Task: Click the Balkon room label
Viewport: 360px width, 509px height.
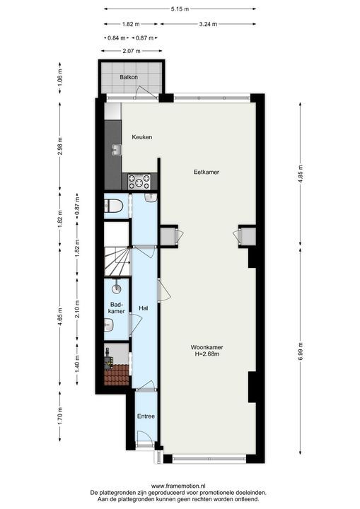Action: [128, 76]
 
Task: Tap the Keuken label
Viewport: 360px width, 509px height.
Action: [141, 137]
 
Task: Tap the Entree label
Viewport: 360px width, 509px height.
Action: [146, 416]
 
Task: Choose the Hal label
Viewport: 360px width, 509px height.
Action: [143, 308]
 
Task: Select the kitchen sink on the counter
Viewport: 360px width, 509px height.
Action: [114, 149]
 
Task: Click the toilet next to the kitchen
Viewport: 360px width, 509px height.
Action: [114, 206]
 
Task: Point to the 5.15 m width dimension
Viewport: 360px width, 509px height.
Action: [181, 9]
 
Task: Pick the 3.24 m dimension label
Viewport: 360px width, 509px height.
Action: [208, 24]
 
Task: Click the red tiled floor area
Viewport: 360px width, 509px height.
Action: [116, 375]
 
